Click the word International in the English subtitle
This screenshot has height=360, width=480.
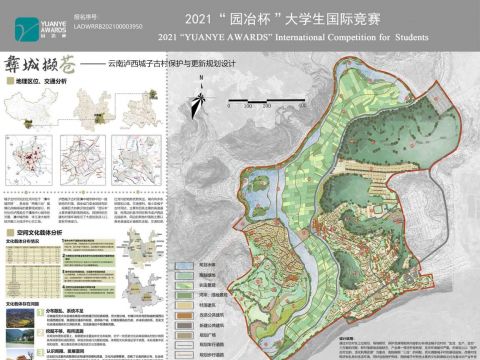[x=320, y=38]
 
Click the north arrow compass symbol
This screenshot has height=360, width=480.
[x=201, y=100]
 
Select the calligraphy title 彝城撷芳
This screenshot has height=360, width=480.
[x=38, y=63]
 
